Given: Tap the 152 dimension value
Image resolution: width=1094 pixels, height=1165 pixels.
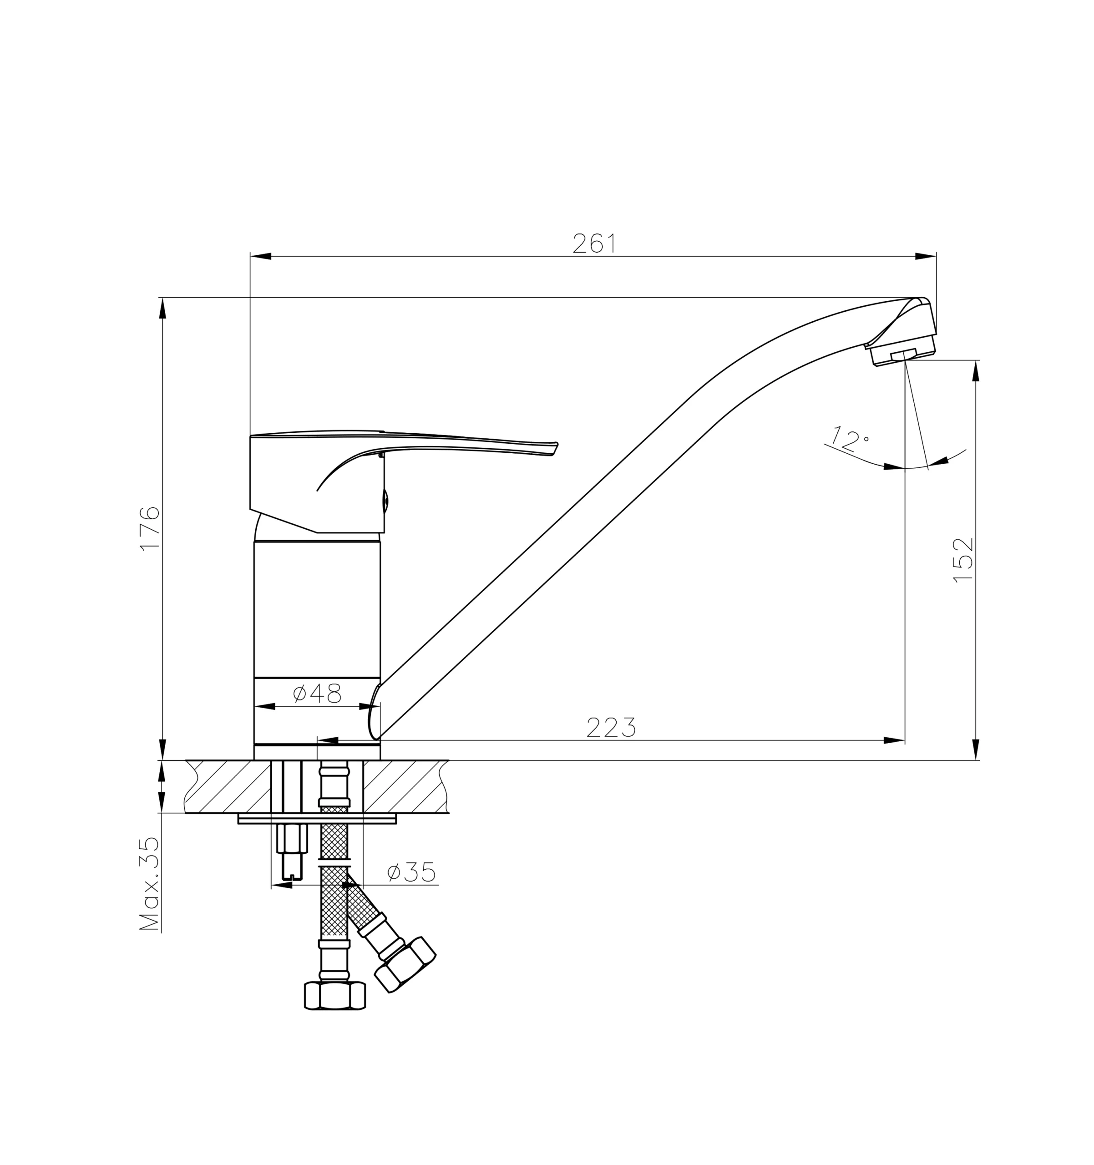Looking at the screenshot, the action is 963,560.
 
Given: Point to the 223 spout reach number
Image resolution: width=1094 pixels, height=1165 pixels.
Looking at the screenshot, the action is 611,727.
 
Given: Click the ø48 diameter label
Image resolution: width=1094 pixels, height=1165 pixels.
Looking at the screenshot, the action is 316,693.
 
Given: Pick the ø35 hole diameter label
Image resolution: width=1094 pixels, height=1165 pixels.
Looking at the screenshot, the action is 411,872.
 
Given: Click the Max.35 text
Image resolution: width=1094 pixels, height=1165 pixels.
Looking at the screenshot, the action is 149,884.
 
